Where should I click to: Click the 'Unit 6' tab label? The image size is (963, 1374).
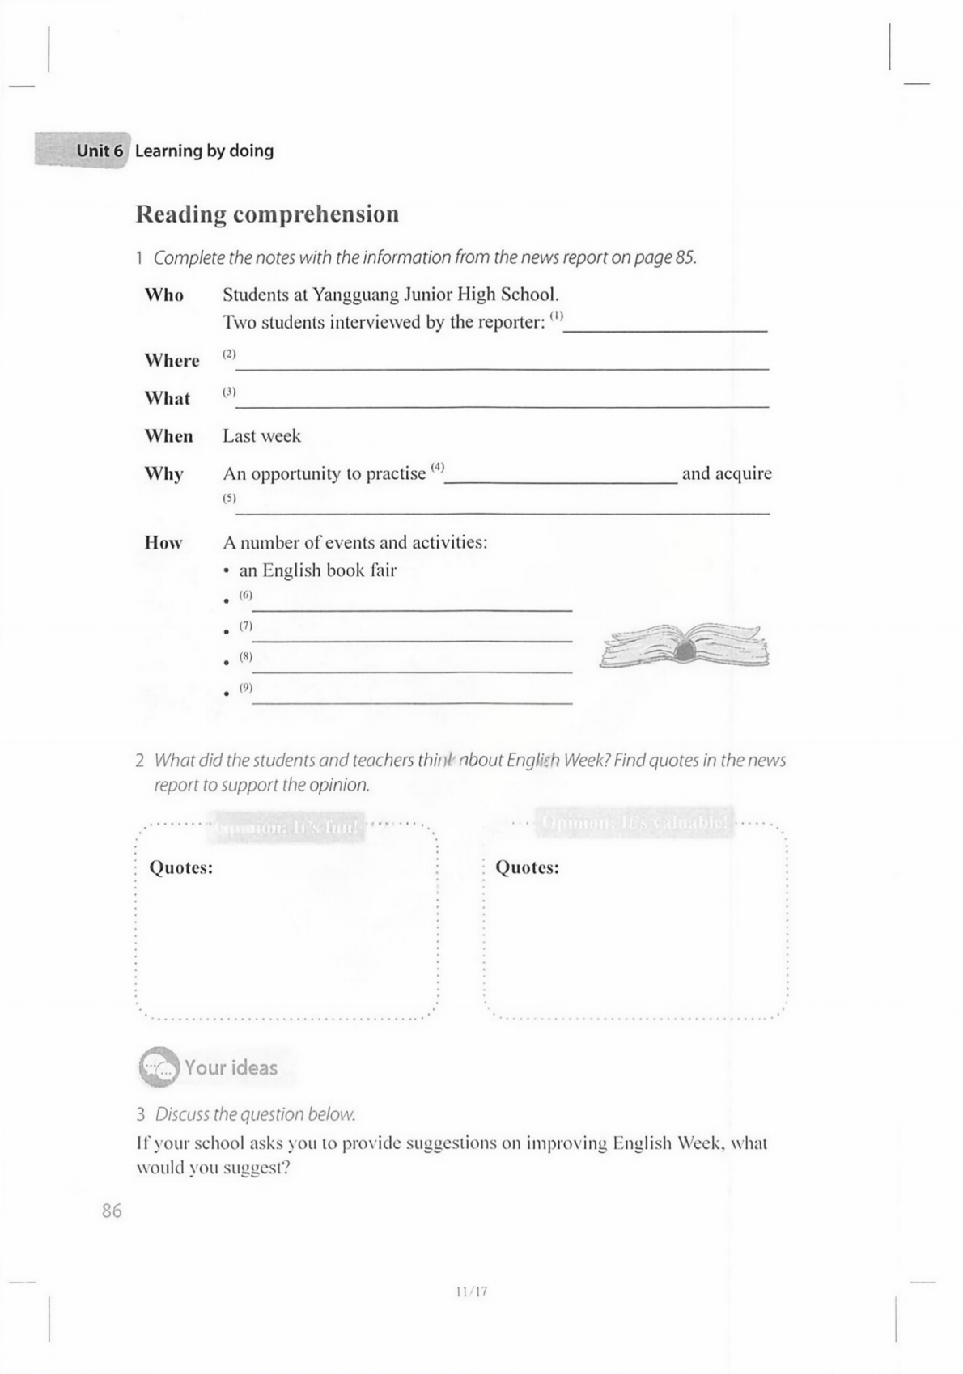click(x=100, y=151)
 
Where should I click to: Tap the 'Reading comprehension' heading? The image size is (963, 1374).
click(x=267, y=214)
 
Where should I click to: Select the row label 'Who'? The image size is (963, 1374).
click(x=164, y=295)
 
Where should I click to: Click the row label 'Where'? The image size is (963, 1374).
click(x=172, y=360)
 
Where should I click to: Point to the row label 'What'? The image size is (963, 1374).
click(x=167, y=398)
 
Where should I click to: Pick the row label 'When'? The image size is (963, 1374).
click(x=168, y=436)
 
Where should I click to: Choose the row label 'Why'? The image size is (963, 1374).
click(x=163, y=473)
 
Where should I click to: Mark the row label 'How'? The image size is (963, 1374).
click(x=163, y=543)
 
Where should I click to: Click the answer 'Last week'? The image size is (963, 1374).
click(x=261, y=436)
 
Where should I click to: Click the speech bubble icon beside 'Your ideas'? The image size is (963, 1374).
click(x=158, y=1067)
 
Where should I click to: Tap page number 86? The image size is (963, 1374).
click(x=112, y=1211)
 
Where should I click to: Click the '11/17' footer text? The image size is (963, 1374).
click(x=472, y=1291)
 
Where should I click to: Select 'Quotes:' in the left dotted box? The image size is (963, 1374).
click(x=181, y=868)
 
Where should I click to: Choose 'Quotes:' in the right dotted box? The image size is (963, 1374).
click(x=527, y=868)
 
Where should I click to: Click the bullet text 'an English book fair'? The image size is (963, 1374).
click(x=317, y=570)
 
